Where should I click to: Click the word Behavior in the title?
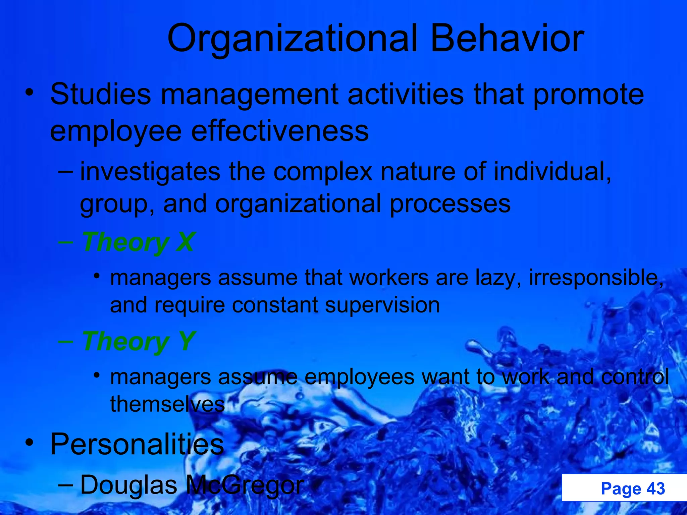pos(507,39)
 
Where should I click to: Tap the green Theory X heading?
pos(138,242)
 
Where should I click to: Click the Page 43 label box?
pos(624,488)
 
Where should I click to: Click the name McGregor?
pos(245,485)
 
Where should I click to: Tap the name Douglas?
pos(128,485)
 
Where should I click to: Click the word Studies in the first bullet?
pos(101,94)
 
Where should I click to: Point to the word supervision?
pos(382,305)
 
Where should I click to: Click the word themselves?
pos(167,404)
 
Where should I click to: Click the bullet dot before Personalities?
pos(30,443)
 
